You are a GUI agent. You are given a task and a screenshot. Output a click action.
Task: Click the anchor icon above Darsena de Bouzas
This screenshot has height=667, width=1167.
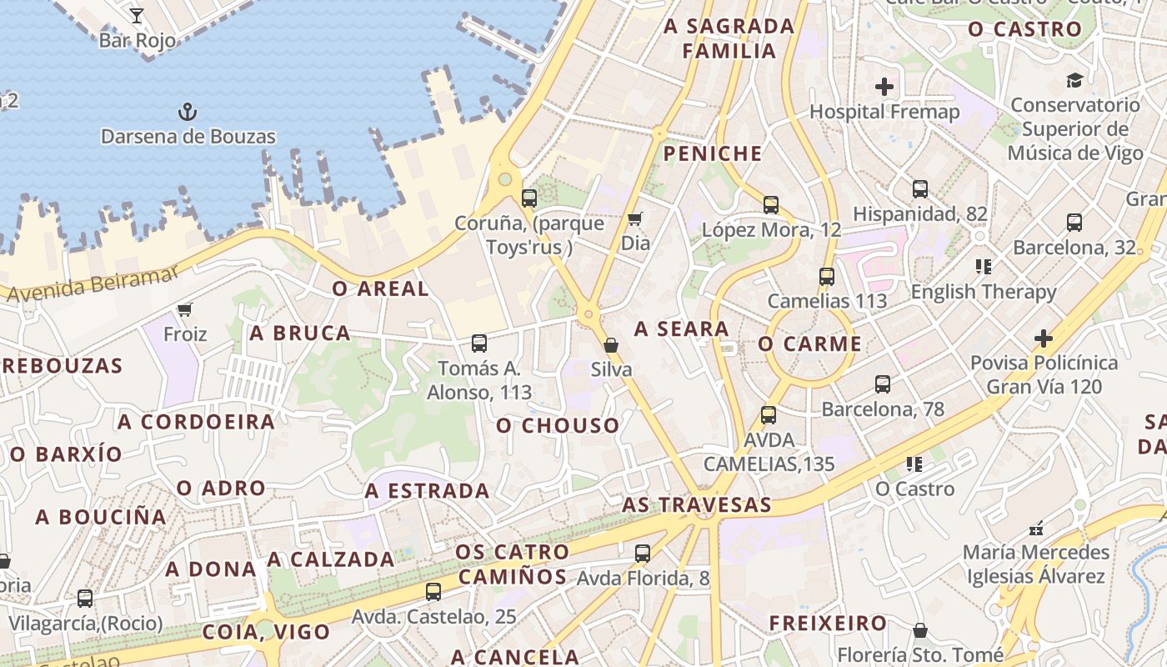[x=188, y=111]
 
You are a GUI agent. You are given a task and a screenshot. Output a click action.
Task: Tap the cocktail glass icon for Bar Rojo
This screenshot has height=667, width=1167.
[x=137, y=15]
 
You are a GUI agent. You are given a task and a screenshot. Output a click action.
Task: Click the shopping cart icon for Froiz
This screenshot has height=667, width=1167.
[x=185, y=310]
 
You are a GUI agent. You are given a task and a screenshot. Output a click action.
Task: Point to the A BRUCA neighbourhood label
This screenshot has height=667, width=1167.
[x=300, y=333]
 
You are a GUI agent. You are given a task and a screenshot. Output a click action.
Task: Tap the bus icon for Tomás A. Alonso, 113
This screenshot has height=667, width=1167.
[x=479, y=343]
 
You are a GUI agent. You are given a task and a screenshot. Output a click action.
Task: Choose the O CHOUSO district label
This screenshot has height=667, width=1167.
[x=558, y=426]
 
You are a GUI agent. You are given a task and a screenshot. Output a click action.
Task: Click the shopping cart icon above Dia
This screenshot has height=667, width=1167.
[x=635, y=219]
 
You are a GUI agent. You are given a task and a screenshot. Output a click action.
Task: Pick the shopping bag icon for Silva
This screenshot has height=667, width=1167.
[x=611, y=344]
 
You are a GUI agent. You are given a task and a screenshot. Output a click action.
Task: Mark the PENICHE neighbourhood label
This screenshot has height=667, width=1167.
[x=713, y=153]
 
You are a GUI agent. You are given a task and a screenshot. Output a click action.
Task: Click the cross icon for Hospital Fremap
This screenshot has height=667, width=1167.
[x=884, y=87]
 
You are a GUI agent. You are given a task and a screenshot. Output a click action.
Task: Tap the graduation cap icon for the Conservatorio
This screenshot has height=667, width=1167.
[x=1074, y=81]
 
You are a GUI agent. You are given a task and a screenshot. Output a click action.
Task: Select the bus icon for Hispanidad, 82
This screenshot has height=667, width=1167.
[x=920, y=189]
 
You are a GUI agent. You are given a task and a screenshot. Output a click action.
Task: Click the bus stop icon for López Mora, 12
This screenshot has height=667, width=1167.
[x=771, y=204]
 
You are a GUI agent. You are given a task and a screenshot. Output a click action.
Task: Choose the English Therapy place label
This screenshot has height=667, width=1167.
[x=984, y=292]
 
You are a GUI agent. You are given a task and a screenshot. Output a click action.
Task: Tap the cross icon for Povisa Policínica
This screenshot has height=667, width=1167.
[x=1043, y=339]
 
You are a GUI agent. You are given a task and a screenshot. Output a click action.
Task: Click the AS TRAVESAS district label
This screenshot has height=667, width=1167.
[x=697, y=505]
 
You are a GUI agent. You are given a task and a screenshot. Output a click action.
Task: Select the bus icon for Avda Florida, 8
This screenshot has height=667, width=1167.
[x=643, y=553]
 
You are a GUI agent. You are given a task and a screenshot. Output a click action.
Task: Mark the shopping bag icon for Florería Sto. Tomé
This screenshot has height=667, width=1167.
[x=920, y=629]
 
